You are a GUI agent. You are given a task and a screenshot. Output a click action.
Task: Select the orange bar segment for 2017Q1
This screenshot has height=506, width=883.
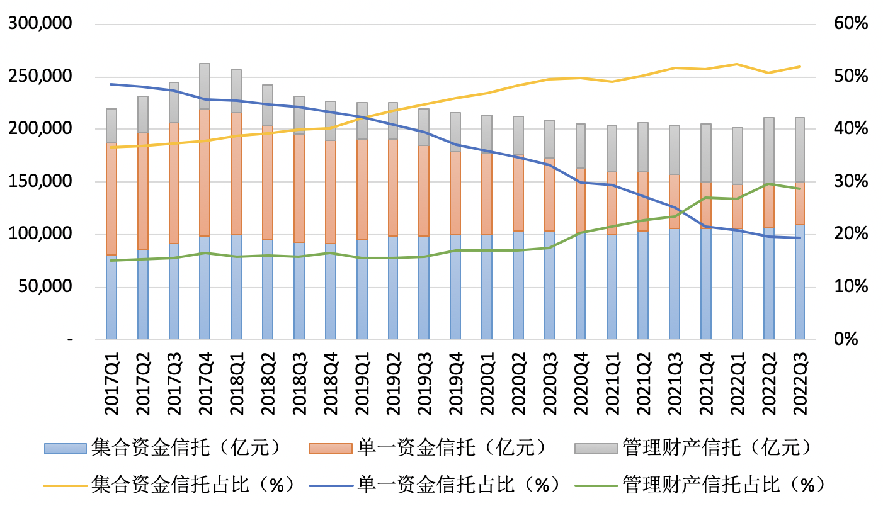111,199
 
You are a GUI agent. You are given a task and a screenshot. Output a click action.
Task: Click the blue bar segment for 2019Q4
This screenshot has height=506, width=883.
455,287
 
